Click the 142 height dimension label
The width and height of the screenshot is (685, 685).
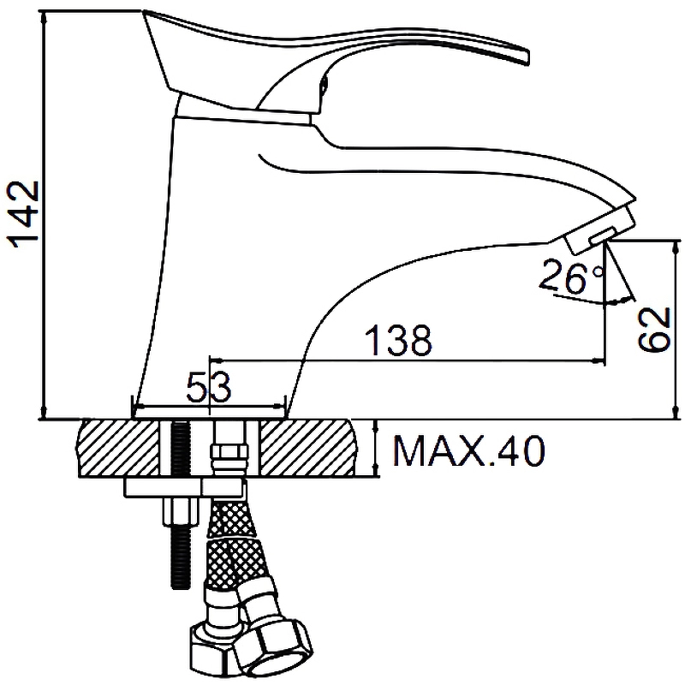[x=22, y=214]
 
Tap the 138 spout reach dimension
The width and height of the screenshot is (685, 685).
[x=398, y=339]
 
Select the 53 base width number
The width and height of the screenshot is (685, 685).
[x=208, y=387]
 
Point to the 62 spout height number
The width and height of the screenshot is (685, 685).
[x=654, y=329]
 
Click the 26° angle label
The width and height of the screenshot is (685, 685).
[x=571, y=276]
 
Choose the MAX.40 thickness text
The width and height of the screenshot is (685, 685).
[x=469, y=451]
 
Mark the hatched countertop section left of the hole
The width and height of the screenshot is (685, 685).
[x=119, y=448]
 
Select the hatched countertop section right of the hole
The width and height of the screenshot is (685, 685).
[x=307, y=448]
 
